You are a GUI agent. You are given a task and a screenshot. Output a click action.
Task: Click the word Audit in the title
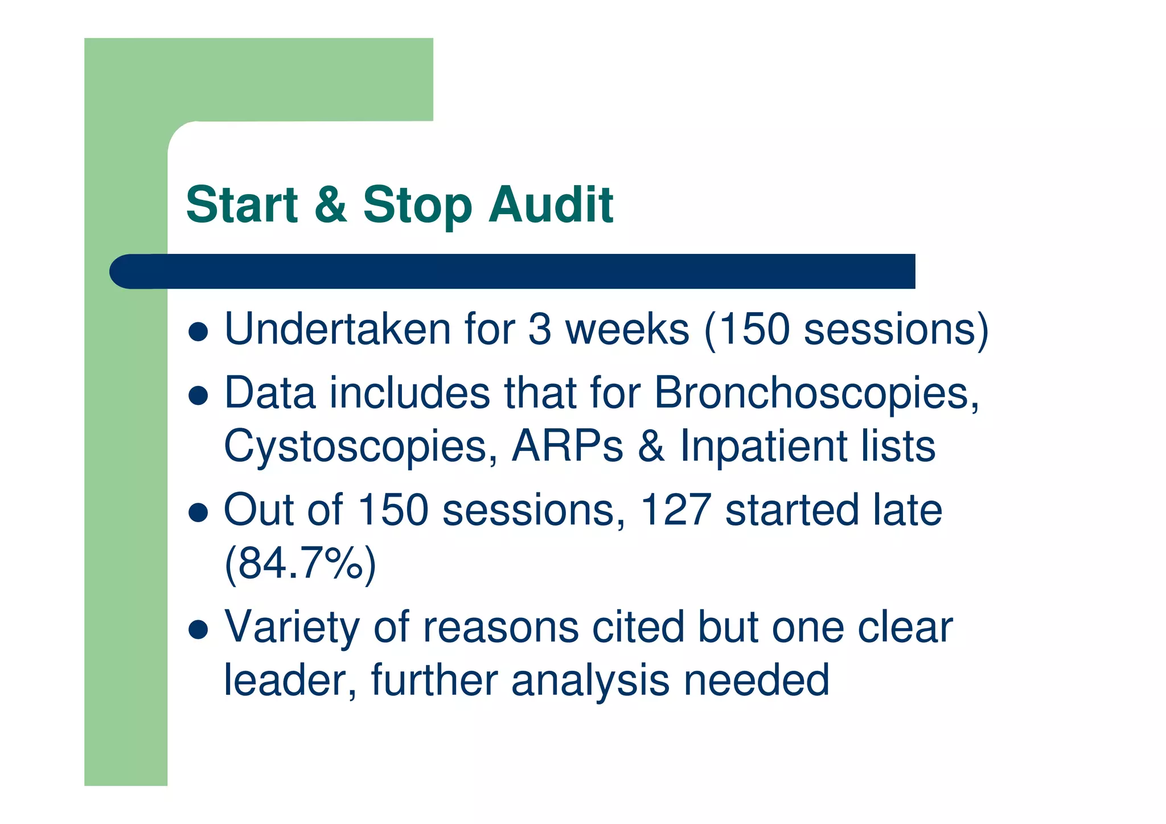551,205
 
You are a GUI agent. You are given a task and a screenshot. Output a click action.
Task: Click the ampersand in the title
331,205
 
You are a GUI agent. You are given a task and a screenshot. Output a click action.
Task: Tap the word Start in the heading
242,205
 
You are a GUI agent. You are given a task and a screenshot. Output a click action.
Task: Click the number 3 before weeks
540,330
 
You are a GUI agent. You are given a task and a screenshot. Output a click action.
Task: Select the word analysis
590,680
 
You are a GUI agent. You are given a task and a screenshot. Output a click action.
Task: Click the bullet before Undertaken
198,332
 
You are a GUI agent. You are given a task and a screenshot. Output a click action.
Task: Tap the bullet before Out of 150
198,513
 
